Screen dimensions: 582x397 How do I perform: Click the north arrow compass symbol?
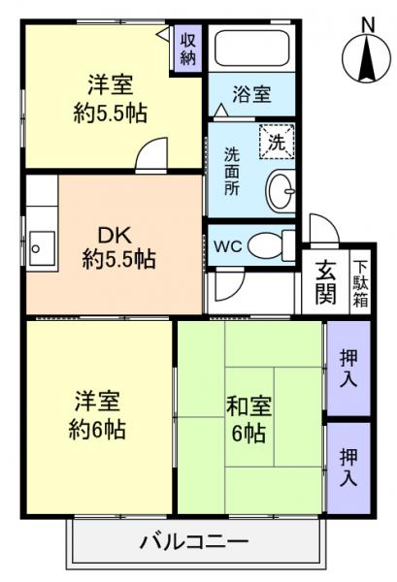pos(367,60)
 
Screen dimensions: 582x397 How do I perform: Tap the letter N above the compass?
pos(367,21)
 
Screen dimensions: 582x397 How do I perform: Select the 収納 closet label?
pos(188,48)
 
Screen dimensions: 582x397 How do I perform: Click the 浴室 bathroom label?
pos(251,95)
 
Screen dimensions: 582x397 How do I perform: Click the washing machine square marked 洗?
pos(276,142)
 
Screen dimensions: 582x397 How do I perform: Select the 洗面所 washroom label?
pos(232,173)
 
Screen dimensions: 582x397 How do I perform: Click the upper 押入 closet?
pos(347,368)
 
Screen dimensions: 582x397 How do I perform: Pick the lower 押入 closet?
pos(347,467)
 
